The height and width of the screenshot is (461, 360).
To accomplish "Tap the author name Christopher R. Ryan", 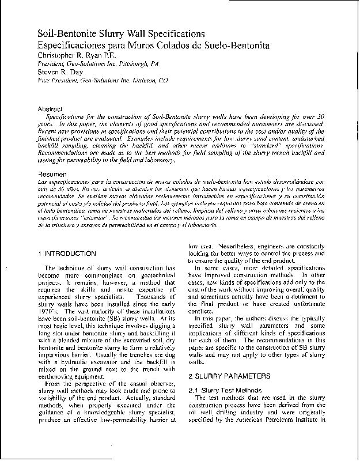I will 77,54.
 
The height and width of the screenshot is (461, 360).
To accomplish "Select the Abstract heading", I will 50,109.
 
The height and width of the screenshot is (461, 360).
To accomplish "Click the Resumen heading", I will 52,173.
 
